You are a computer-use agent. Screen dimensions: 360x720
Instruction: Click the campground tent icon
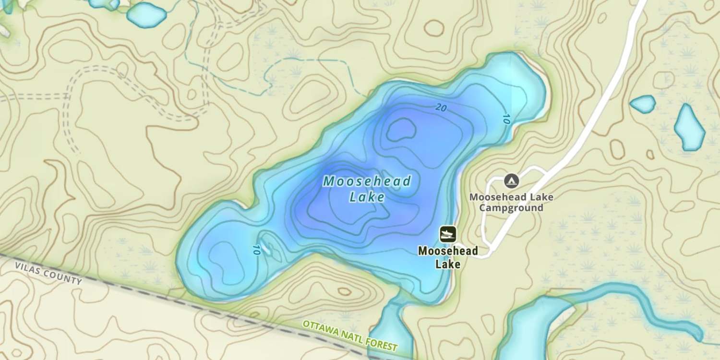(511, 181)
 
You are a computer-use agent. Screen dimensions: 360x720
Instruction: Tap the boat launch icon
(448, 234)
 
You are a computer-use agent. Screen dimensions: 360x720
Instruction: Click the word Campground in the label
(511, 208)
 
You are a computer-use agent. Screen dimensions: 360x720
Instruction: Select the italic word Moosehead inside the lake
(367, 181)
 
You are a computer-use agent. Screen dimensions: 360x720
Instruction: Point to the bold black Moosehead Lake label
(448, 257)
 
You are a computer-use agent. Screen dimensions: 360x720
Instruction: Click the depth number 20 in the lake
(441, 108)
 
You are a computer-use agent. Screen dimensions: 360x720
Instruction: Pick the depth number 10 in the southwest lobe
(255, 250)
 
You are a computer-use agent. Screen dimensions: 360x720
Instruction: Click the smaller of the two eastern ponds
(642, 104)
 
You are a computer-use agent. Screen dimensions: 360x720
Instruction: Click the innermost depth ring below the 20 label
(401, 129)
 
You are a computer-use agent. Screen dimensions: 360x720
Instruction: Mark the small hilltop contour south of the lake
(345, 291)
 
